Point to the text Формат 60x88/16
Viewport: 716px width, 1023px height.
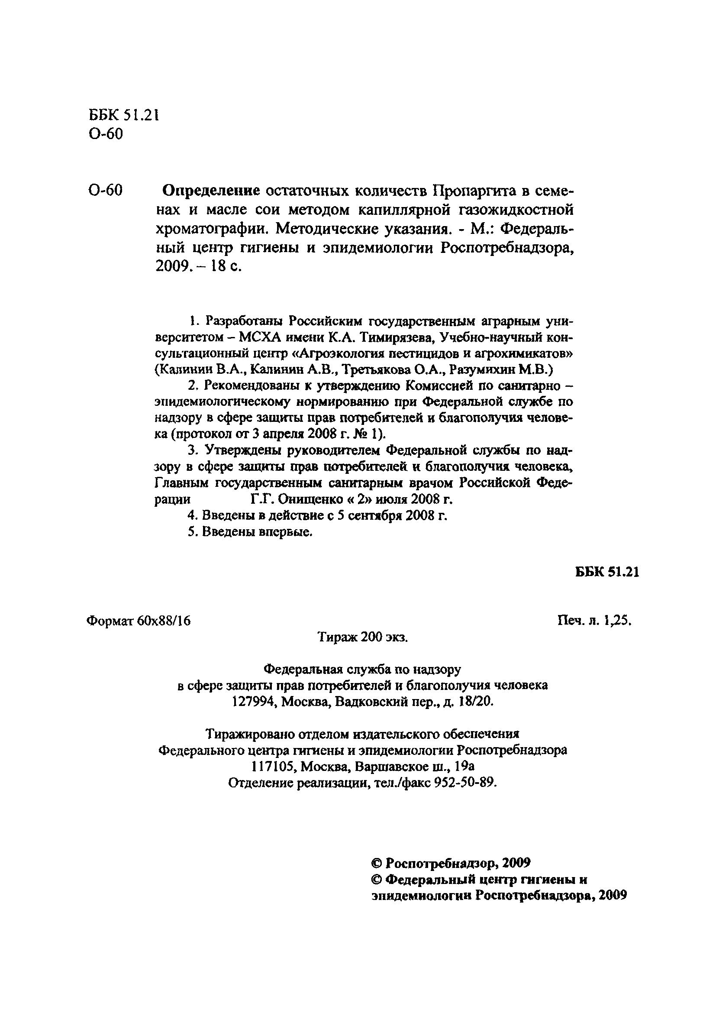[139, 621]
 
